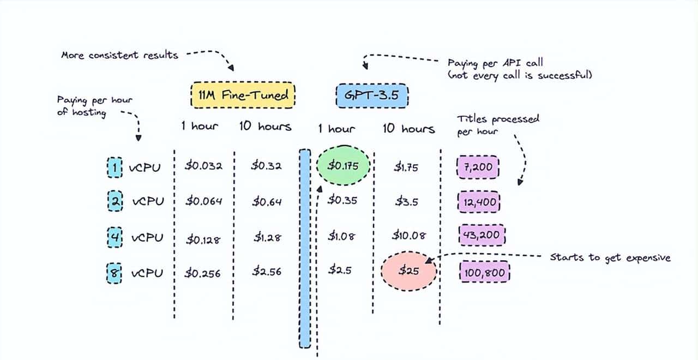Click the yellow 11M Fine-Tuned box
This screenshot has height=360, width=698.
coord(243,95)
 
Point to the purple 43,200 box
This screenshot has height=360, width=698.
coord(482,236)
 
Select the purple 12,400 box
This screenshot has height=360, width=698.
coord(479,202)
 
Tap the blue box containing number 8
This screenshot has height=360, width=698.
coord(115,272)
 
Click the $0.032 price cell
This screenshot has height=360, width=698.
coord(203,166)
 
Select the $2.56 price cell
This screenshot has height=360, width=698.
coord(267,272)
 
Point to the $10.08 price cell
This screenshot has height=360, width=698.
coord(408,236)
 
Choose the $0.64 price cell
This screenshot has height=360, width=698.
coord(267,202)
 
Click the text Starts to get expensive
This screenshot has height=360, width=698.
coord(610,257)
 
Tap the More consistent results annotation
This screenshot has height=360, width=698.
coord(119,55)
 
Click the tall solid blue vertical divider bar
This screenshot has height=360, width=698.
coord(305,248)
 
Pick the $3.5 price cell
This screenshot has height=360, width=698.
coord(406,201)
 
